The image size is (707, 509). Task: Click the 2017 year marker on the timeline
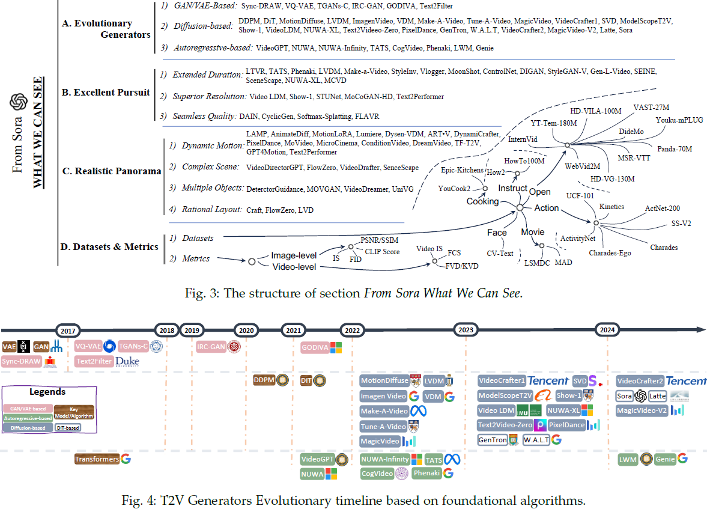tap(68, 329)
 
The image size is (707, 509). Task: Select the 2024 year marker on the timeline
tap(607, 329)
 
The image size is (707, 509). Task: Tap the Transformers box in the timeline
tap(96, 459)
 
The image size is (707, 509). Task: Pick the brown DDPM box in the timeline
tap(264, 380)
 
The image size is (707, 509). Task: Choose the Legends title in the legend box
tap(47, 392)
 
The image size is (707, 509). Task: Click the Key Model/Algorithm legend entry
tap(74, 411)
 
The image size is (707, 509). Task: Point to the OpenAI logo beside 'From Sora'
tap(18, 103)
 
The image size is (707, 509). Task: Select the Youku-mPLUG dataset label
tap(679, 120)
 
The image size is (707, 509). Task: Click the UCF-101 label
tap(580, 196)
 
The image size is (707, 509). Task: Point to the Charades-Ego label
tap(610, 253)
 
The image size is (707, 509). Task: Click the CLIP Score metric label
tap(383, 252)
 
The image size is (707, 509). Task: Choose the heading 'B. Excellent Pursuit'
tap(106, 93)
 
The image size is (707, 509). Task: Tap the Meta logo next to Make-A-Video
tap(417, 411)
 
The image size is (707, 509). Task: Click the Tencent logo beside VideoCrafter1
tap(548, 380)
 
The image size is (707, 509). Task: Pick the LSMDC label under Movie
tap(537, 262)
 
